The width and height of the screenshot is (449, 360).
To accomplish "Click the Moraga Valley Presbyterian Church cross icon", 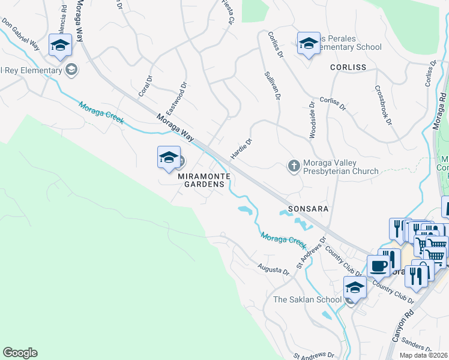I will [294, 165].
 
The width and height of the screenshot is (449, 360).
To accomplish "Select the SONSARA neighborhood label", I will [309, 209].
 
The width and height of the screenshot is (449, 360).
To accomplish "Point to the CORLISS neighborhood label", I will [348, 68].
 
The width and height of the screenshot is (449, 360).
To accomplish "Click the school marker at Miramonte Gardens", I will [169, 158].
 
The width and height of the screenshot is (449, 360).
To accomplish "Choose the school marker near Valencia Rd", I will [60, 46].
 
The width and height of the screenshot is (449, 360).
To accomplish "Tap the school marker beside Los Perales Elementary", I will [309, 43].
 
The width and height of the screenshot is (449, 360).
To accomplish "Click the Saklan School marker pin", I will [355, 289].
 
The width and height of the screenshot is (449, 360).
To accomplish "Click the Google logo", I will [20, 353].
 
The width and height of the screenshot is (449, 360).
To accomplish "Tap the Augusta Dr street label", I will [274, 270].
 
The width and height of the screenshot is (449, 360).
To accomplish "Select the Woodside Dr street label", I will [312, 120].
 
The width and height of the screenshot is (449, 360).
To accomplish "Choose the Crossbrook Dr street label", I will [383, 105].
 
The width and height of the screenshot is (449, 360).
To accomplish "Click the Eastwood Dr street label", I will [178, 99].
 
